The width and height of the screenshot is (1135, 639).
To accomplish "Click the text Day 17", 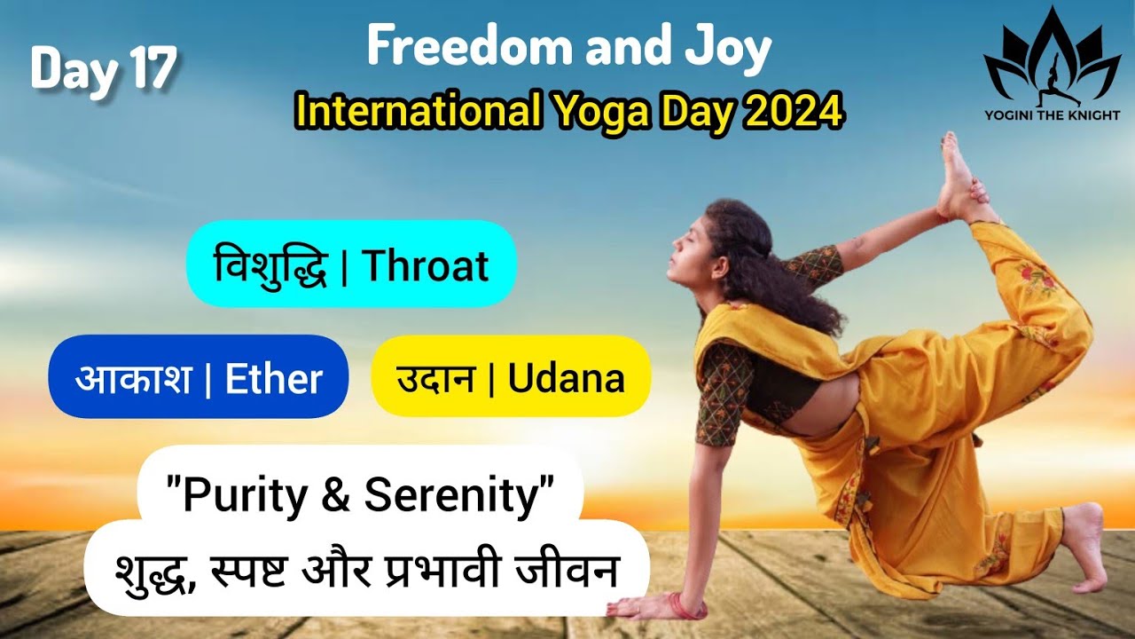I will (x=104, y=68).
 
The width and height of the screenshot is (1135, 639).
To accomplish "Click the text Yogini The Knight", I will (x=1052, y=114).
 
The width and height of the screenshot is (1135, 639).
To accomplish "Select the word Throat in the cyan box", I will (x=426, y=264).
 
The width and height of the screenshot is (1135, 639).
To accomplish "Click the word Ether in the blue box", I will (x=273, y=379).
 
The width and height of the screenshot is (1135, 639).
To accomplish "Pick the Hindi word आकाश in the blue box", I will (x=133, y=379).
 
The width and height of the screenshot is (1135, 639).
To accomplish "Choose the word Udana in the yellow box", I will (x=567, y=379).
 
